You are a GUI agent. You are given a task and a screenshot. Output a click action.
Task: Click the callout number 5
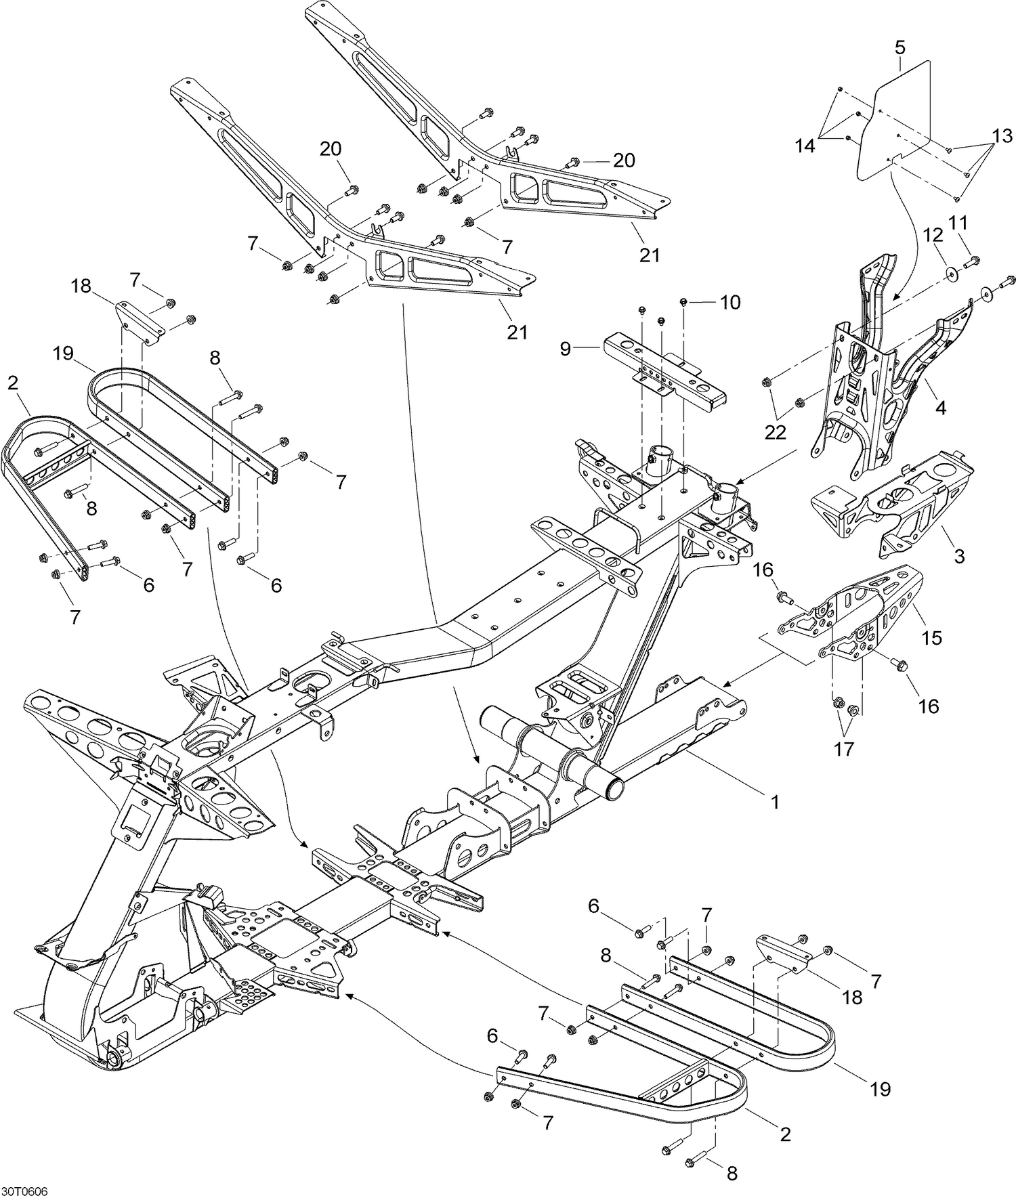coord(899,47)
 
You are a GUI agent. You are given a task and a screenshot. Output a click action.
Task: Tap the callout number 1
coord(775,802)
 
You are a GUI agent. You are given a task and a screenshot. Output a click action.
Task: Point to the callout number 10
coord(731,302)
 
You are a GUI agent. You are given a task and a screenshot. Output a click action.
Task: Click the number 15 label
coord(932,638)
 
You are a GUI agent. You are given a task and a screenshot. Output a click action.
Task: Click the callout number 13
coord(1002,136)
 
